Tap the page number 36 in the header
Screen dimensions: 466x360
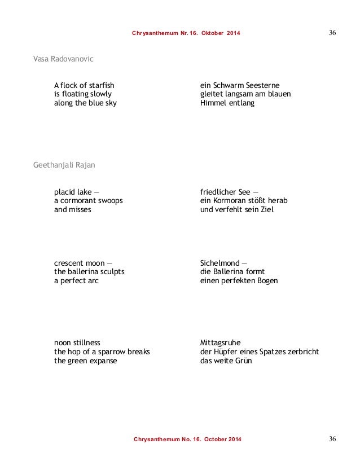point(332,33)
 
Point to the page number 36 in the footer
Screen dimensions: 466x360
point(332,438)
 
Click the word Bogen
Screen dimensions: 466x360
point(265,280)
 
